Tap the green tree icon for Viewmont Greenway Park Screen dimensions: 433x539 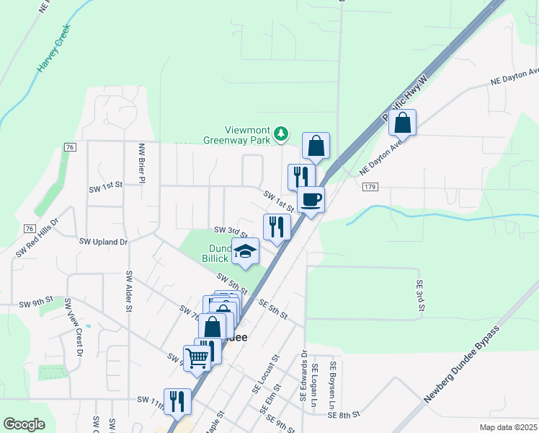tap(281, 134)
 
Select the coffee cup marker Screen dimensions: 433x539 tap(311, 199)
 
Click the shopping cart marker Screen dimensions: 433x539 tap(197, 357)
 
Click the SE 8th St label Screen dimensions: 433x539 tap(343, 415)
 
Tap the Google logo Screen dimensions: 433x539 tap(24, 424)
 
